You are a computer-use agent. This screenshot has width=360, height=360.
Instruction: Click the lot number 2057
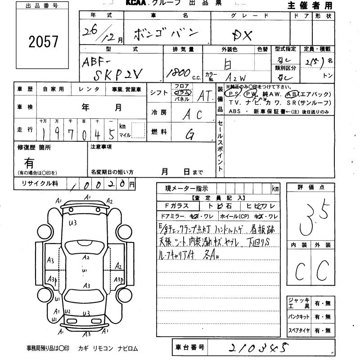pyautogui.click(x=44, y=42)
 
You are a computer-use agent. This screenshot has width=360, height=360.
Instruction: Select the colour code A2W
pyautogui.click(x=236, y=77)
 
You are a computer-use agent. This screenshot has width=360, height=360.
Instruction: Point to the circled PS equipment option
pyautogui.click(x=233, y=94)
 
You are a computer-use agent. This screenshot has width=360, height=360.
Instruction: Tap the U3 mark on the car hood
pyautogui.click(x=73, y=222)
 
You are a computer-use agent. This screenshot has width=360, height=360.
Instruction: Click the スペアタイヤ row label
pyautogui.click(x=299, y=331)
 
